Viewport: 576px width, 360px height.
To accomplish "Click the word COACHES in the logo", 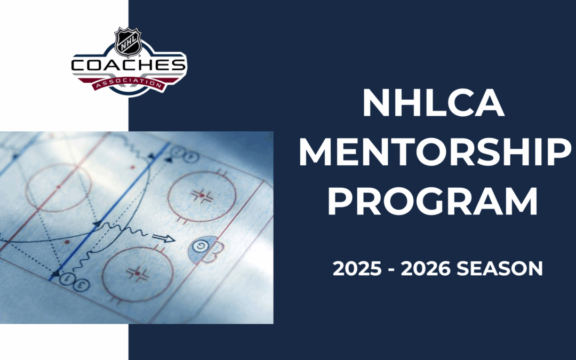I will point(129,66).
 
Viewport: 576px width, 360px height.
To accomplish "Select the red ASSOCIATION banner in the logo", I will point(128,84).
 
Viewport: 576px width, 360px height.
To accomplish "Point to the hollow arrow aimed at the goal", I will point(164,238).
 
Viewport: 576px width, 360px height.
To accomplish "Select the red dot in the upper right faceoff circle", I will point(202,196).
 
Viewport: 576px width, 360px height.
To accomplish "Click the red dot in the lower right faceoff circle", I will point(138,274).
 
